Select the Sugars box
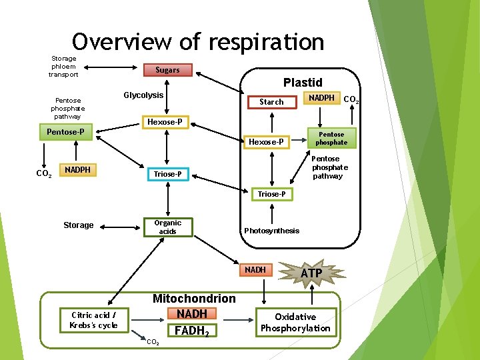click(167, 69)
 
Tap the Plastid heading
click(303, 83)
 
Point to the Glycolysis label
click(143, 95)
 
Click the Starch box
click(271, 102)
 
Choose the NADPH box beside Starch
click(321, 98)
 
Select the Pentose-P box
click(65, 132)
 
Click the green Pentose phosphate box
click(331, 138)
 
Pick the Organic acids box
click(167, 227)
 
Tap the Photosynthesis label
click(271, 231)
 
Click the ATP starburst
click(311, 273)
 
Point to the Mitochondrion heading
click(194, 299)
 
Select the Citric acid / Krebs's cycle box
click(93, 320)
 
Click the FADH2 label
click(191, 331)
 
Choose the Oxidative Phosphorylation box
click(295, 322)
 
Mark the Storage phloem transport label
click(63, 67)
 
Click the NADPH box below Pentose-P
click(78, 170)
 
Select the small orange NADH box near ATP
click(255, 270)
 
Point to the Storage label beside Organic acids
click(78, 225)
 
